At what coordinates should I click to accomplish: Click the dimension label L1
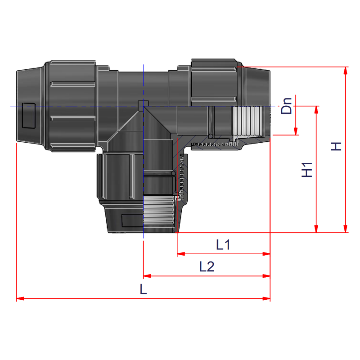pos(223,245)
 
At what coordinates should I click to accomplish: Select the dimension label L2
pos(207,267)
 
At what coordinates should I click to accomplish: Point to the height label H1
pos(307,169)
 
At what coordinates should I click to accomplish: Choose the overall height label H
pos(336,146)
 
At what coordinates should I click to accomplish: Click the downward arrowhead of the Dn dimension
pos(296,131)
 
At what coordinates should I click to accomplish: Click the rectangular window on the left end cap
pos(28,116)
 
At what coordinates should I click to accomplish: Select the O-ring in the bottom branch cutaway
pos(173,173)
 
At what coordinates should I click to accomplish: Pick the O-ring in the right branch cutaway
pos(210,136)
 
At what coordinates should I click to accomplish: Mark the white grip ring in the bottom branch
pos(158,213)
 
